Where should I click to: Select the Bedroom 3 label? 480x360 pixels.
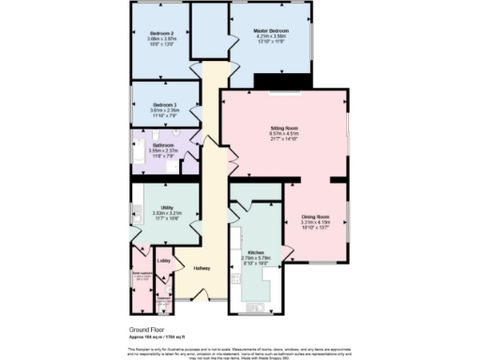164,104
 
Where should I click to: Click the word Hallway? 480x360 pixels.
202,269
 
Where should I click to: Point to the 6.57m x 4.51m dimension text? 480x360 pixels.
284,133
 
